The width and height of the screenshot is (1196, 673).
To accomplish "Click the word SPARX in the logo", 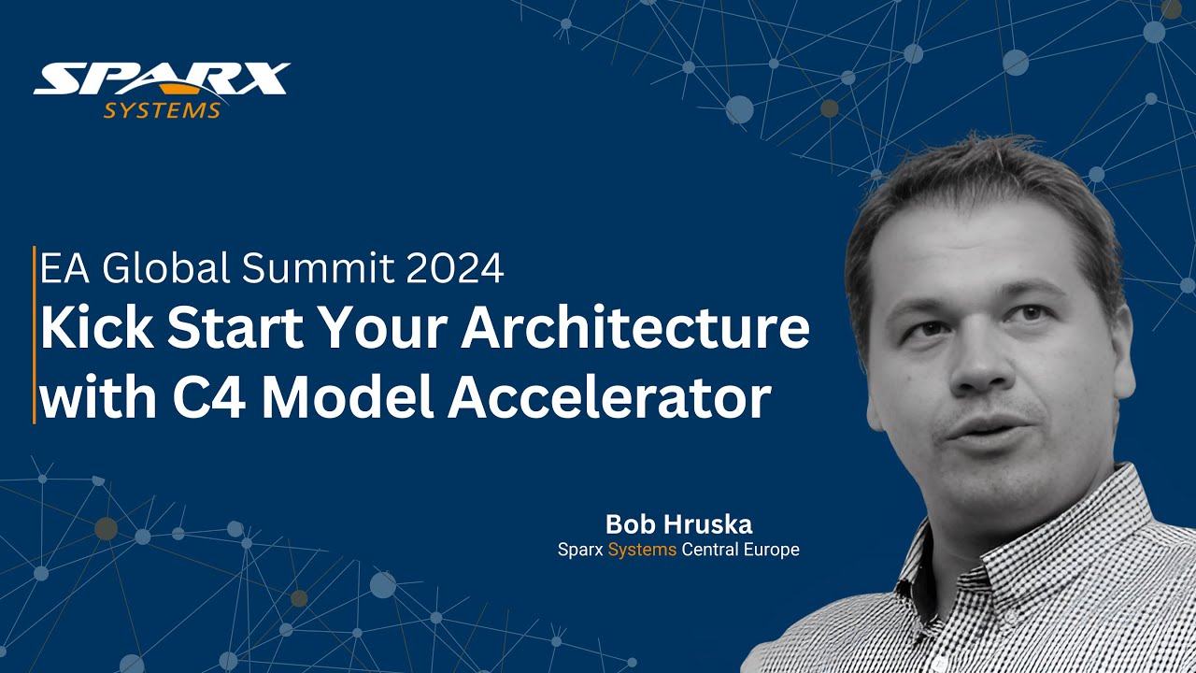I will click(x=161, y=79).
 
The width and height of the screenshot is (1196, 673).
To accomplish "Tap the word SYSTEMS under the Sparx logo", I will click(x=162, y=111).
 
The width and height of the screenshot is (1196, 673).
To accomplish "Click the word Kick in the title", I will click(x=90, y=329).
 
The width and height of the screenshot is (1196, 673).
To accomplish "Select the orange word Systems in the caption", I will click(x=642, y=550).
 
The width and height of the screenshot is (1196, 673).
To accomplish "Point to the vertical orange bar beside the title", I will click(x=34, y=335).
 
